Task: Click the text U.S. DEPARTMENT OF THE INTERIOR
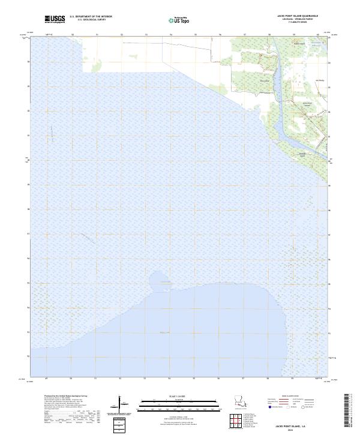(91, 17)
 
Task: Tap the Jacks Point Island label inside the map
(308, 103)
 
